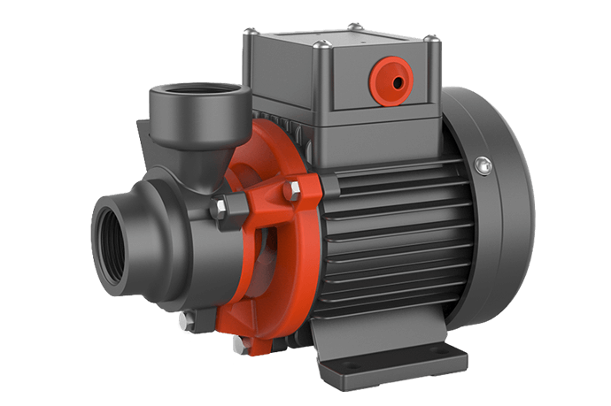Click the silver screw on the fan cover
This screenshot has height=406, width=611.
click(483, 164)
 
